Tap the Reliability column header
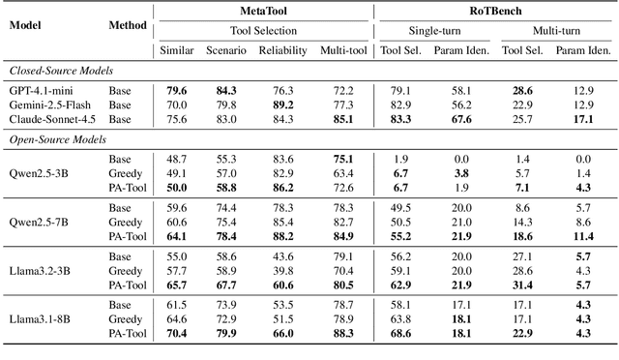tap(283, 50)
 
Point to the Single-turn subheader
tap(434, 30)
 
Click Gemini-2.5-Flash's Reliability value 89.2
tap(283, 104)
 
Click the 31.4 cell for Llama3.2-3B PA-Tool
tap(522, 285)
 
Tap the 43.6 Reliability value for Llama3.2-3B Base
tap(283, 255)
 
